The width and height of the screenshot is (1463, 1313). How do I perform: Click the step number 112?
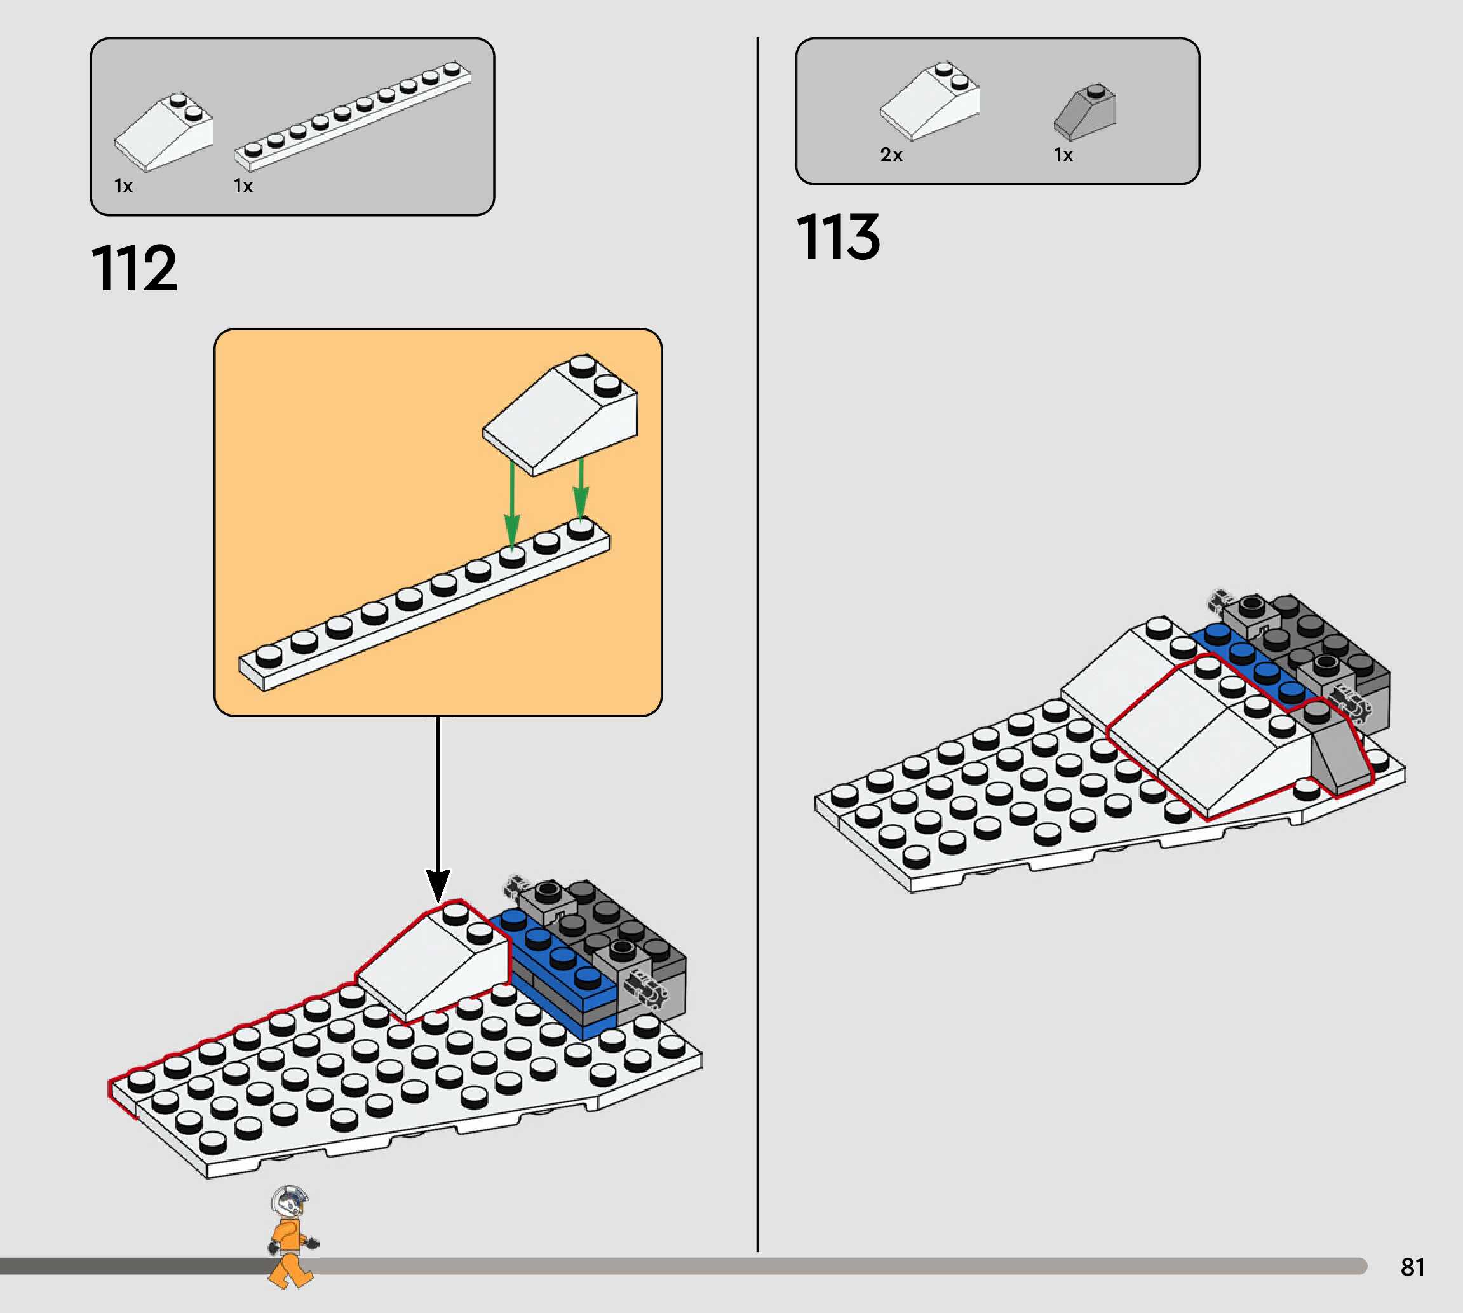[x=134, y=268]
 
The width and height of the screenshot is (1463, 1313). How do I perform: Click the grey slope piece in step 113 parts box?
[x=1085, y=112]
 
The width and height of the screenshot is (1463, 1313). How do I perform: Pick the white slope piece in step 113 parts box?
[x=931, y=101]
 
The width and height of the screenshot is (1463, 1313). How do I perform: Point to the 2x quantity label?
[x=891, y=155]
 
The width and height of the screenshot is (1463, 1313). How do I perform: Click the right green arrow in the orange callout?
[x=581, y=490]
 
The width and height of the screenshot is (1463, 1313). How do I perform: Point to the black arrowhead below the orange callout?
[x=438, y=884]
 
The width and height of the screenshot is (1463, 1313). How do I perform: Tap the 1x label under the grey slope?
[x=1063, y=155]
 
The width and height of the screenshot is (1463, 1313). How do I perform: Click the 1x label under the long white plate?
[x=243, y=186]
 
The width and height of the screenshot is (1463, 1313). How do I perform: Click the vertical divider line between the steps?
[x=757, y=649]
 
